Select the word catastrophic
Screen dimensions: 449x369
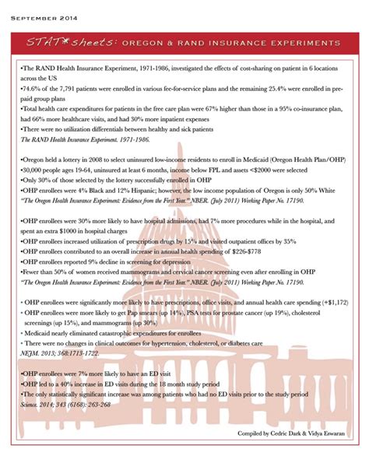point(111,331)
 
